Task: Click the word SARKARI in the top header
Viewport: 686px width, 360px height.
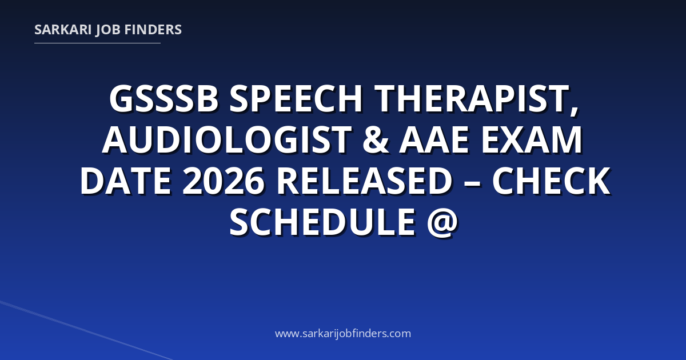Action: coord(63,30)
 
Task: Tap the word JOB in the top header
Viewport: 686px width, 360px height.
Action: coord(108,30)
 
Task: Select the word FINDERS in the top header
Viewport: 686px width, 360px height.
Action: coord(153,30)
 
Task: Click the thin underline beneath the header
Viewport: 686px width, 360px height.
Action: coord(97,43)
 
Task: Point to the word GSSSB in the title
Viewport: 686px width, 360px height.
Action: coord(164,99)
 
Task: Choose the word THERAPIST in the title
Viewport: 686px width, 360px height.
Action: coord(472,99)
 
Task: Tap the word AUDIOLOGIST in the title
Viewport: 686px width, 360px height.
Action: coord(227,140)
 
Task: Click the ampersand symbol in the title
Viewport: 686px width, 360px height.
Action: coord(376,140)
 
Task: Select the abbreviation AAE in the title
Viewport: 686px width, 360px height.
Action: coord(434,140)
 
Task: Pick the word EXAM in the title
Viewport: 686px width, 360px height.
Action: coord(532,140)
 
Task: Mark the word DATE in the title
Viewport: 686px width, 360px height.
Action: coord(126,181)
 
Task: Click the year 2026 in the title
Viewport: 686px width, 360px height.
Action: coord(224,181)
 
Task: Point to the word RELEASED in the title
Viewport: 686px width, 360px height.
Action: coord(364,181)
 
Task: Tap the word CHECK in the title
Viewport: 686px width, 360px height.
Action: coord(551,181)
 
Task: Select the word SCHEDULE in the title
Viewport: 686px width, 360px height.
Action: coord(322,222)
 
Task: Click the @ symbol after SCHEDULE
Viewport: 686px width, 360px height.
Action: coord(442,222)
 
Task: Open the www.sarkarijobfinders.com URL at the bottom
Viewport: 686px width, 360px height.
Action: coord(343,333)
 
